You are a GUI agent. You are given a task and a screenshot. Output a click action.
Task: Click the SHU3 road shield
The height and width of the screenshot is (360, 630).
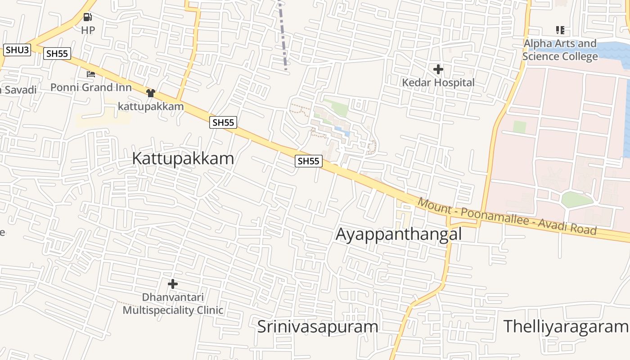pyautogui.click(x=17, y=49)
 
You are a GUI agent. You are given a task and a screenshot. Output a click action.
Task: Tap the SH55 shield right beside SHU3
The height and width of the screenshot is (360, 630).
pyautogui.click(x=57, y=54)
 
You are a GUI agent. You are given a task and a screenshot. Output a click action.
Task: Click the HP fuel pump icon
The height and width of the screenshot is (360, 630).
pyautogui.click(x=88, y=18)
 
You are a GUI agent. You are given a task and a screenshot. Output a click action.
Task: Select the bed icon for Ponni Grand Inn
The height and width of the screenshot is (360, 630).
pyautogui.click(x=91, y=74)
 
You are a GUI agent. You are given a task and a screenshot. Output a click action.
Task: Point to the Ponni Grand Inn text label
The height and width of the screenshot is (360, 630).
pyautogui.click(x=91, y=87)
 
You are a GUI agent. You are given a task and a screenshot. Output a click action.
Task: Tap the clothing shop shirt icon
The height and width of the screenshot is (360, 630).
pyautogui.click(x=150, y=93)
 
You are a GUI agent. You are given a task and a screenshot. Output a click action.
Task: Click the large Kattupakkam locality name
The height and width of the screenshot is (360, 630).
pyautogui.click(x=183, y=159)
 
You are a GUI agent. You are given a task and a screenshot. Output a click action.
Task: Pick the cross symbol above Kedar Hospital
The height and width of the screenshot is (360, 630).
pyautogui.click(x=438, y=69)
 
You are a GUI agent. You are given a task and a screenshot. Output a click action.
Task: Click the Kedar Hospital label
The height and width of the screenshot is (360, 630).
pyautogui.click(x=438, y=83)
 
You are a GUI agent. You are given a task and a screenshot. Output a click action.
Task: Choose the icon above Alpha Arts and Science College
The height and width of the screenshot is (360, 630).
pyautogui.click(x=560, y=30)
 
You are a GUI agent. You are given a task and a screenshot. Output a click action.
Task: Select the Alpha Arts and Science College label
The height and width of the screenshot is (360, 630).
pyautogui.click(x=560, y=50)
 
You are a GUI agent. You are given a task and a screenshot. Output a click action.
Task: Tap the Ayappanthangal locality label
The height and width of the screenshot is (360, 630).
pyautogui.click(x=399, y=234)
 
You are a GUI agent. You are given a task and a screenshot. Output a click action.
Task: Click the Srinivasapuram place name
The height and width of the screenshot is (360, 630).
pyautogui.click(x=317, y=327)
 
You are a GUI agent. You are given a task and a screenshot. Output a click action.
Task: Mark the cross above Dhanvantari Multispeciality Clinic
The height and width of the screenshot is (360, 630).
pyautogui.click(x=172, y=284)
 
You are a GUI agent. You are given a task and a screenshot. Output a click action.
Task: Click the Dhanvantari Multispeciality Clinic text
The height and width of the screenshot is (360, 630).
pyautogui.click(x=173, y=304)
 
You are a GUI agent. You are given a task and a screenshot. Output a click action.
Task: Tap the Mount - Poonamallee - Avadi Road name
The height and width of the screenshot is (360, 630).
pyautogui.click(x=507, y=216)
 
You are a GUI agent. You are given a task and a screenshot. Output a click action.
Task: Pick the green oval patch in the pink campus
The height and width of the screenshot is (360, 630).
pyautogui.click(x=576, y=199)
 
